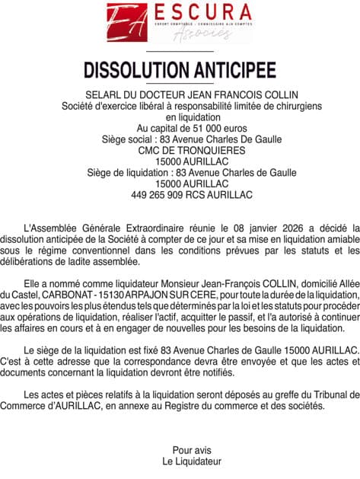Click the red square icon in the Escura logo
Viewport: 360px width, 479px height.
pyautogui.click(x=126, y=22)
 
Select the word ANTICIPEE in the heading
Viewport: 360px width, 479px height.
pyautogui.click(x=233, y=69)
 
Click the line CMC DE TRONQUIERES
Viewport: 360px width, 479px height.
pyautogui.click(x=180, y=151)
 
